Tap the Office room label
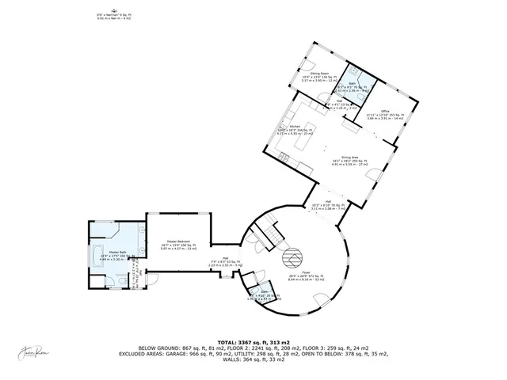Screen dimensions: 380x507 (385, 111)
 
